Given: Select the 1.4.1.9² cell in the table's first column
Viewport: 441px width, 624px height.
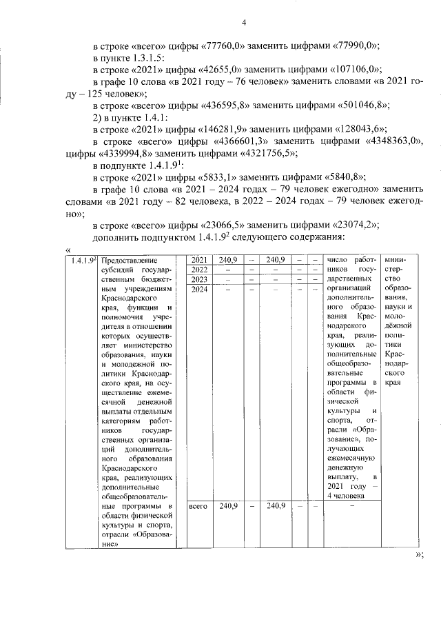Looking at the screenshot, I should [82, 260].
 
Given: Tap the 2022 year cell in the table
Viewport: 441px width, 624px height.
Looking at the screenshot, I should [198, 270].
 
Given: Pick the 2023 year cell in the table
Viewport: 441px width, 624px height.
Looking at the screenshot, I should [198, 279].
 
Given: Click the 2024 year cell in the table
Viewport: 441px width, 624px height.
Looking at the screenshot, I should [198, 289].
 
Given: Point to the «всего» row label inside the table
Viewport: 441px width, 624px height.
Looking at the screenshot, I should [198, 506].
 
